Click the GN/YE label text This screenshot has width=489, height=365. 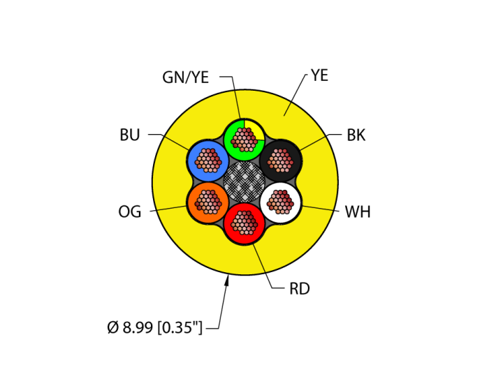tap(185, 77)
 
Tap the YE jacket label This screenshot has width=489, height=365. tap(319, 75)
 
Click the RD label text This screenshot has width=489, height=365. tap(300, 288)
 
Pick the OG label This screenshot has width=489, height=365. tap(130, 212)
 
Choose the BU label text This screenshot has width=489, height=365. tap(130, 135)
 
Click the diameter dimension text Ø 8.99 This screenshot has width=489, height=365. tap(154, 327)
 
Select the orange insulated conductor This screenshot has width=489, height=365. tap(207, 202)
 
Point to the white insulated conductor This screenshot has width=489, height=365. tap(281, 202)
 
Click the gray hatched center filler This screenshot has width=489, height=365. tap(244, 181)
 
